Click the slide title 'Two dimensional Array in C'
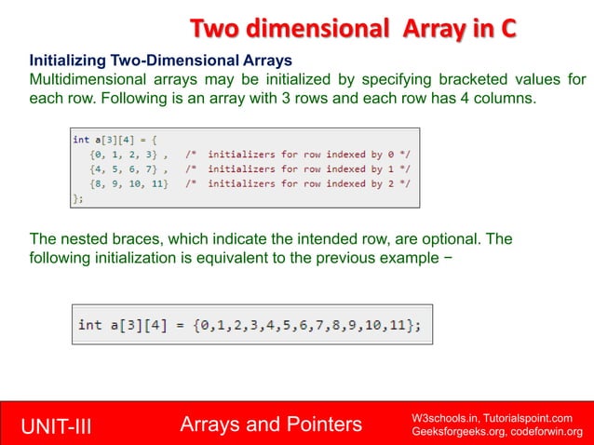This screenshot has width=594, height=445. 353,29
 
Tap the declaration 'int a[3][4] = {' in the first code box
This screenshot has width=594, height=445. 116,140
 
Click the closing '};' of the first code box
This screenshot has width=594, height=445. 78,197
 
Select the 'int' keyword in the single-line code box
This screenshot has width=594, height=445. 89,324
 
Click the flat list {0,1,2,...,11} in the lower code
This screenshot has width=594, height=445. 310,324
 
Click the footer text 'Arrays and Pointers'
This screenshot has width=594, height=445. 271,425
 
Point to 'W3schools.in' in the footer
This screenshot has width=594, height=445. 441,416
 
